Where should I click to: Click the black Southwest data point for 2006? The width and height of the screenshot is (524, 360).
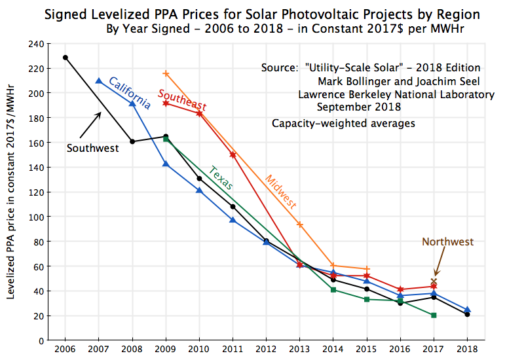click(x=65, y=58)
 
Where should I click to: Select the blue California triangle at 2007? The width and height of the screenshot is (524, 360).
click(x=98, y=81)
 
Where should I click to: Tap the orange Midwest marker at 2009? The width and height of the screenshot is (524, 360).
click(x=166, y=73)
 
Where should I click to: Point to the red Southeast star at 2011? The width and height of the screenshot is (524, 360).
click(x=233, y=154)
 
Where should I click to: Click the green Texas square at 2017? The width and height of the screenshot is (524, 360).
click(x=434, y=315)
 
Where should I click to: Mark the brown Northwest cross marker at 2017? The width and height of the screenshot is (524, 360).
click(x=434, y=281)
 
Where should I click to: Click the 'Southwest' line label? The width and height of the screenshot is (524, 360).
click(x=92, y=148)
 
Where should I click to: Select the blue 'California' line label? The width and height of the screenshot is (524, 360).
click(x=130, y=93)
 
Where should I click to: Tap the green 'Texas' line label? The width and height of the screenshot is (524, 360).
click(x=221, y=178)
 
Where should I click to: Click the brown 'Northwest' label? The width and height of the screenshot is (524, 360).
click(x=447, y=242)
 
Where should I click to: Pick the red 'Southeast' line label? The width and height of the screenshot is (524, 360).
click(x=182, y=100)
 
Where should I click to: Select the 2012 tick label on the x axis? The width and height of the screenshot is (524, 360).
click(x=266, y=349)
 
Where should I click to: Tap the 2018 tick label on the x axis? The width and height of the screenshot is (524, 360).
click(x=467, y=349)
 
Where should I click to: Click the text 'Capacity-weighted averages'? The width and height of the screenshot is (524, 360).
click(x=343, y=122)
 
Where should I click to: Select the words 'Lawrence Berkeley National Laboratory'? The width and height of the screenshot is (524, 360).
click(x=396, y=95)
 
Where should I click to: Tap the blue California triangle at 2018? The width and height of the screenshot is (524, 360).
click(x=467, y=310)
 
